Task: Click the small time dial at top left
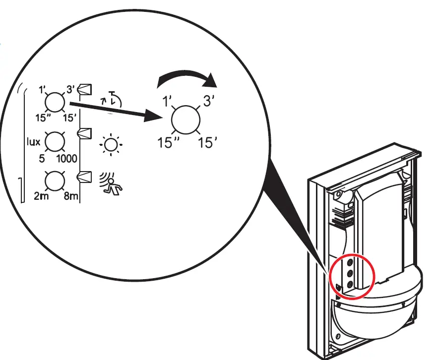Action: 55,103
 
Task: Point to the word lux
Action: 33,141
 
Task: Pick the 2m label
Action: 40,197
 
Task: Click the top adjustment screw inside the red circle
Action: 350,261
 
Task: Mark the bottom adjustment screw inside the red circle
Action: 350,284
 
